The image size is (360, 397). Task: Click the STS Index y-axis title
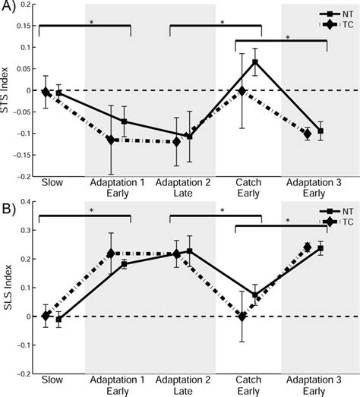click(x=8, y=90)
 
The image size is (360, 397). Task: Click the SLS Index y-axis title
click(x=8, y=287)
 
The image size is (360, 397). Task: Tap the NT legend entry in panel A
click(x=338, y=12)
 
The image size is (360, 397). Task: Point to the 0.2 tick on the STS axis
click(x=27, y=5)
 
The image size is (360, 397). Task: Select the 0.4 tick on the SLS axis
click(x=27, y=201)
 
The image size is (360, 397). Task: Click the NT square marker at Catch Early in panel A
click(x=255, y=62)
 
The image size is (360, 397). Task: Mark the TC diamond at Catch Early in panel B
click(x=242, y=316)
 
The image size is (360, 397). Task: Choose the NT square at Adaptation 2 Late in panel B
click(x=190, y=251)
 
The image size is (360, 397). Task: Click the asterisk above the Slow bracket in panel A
click(x=90, y=23)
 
